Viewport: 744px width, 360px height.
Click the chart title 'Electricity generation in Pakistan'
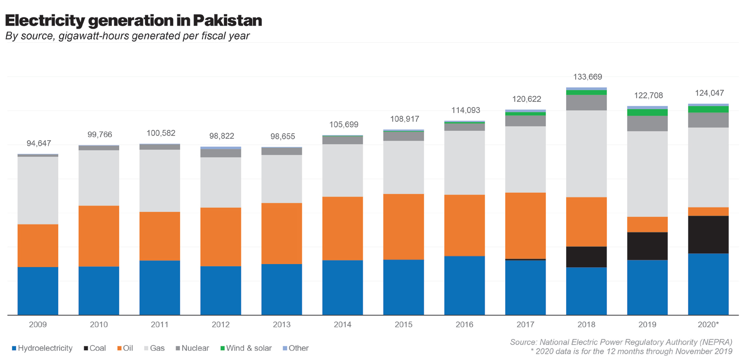click(133, 20)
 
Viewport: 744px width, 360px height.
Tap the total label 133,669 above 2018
click(587, 77)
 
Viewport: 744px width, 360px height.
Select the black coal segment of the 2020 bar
click(708, 235)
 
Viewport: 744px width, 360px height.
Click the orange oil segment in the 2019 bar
click(647, 224)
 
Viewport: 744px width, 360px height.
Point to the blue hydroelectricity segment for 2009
click(38, 291)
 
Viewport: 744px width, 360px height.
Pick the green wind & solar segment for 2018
click(586, 93)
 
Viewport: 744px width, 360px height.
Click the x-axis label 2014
click(343, 325)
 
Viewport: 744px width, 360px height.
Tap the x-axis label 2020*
click(708, 325)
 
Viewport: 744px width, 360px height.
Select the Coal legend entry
click(95, 348)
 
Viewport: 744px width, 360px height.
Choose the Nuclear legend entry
click(192, 348)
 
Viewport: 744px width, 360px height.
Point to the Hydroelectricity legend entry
click(42, 348)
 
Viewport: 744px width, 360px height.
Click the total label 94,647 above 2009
click(39, 144)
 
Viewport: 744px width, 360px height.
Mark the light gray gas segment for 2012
click(221, 182)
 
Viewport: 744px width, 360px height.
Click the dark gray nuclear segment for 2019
click(647, 124)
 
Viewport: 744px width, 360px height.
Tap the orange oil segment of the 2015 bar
click(404, 227)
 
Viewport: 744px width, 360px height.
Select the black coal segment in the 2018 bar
click(586, 257)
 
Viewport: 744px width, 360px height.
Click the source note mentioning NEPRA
click(621, 342)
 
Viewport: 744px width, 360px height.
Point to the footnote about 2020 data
click(631, 351)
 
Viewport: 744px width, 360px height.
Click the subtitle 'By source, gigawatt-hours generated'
click(127, 36)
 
